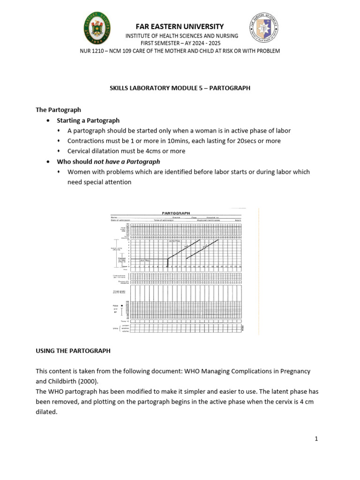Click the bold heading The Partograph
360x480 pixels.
click(59, 110)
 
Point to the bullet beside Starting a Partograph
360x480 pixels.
click(49, 120)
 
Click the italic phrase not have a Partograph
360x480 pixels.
click(127, 162)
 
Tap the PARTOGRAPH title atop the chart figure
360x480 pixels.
click(176, 213)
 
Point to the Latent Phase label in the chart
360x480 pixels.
click(144, 260)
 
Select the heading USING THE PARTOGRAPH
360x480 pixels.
click(73, 350)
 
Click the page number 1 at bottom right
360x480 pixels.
click(316, 439)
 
